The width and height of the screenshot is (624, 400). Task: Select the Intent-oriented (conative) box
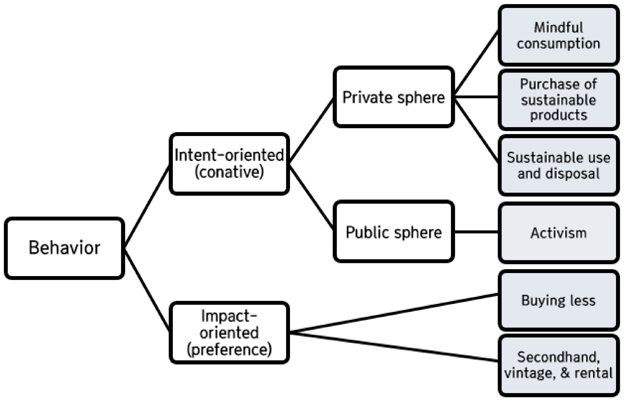tap(229, 164)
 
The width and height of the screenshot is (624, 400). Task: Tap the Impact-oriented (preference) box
tap(229, 333)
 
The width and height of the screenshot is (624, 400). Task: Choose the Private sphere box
tap(394, 97)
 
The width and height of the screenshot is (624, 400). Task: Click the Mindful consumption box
tap(558, 35)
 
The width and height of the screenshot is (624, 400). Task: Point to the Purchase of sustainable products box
tap(558, 100)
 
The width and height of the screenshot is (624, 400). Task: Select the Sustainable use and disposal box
tap(558, 166)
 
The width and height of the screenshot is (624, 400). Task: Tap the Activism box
tap(558, 233)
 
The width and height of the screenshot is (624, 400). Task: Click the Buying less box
tap(558, 300)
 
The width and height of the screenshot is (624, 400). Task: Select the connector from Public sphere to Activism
tap(476, 232)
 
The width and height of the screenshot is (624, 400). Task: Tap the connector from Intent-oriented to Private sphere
tap(311, 130)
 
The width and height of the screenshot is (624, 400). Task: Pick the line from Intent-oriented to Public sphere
tap(311, 197)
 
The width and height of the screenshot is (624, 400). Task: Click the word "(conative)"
tap(229, 172)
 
